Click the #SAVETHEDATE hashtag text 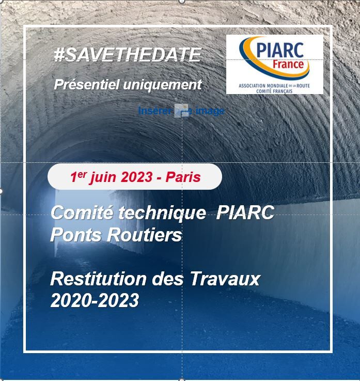[128, 54]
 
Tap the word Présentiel [87, 85]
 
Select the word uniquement [162, 85]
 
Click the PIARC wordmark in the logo [280, 50]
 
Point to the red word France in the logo [288, 65]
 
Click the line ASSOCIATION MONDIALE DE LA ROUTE [274, 86]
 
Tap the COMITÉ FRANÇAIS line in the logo [274, 92]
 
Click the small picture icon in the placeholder [182, 111]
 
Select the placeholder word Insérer [154, 111]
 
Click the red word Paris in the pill [183, 177]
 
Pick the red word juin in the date [103, 177]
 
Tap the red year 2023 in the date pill [137, 177]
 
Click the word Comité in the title [82, 212]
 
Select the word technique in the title [162, 213]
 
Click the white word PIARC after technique [245, 212]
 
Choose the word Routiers [145, 235]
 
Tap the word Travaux [225, 279]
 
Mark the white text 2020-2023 [95, 300]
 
